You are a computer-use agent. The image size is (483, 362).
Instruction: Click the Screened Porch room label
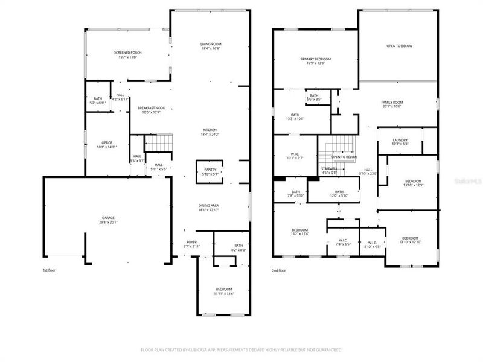[x=127, y=53]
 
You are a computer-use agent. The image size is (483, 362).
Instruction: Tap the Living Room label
[x=211, y=44]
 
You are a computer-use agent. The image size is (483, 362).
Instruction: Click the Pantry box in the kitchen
[x=210, y=171]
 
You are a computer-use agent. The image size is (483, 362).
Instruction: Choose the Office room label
[x=106, y=143]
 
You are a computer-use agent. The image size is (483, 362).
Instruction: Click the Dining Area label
[x=210, y=206]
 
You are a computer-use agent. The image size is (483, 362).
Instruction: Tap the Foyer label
[x=191, y=243]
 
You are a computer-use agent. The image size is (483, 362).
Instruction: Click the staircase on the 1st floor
[x=160, y=144]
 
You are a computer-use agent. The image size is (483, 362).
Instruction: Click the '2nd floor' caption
[x=278, y=270]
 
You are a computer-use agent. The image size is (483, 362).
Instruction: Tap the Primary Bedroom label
[x=316, y=59]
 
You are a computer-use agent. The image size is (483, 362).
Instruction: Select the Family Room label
[x=392, y=103]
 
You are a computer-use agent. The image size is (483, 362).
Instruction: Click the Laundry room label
[x=400, y=141]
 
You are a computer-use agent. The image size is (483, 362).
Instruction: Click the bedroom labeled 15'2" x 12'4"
[x=300, y=230]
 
